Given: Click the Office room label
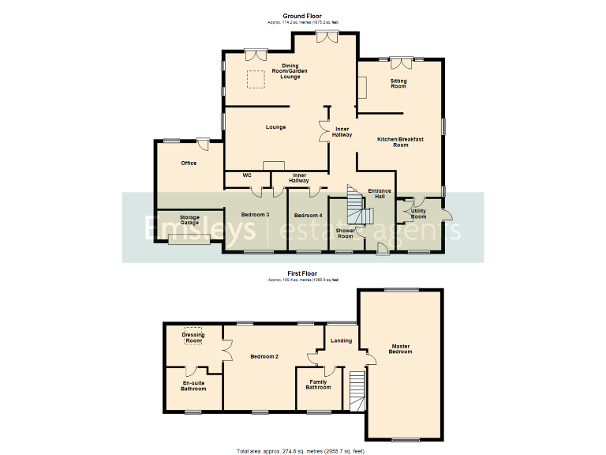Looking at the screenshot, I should click(x=189, y=164).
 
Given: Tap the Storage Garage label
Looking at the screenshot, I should click(x=189, y=220).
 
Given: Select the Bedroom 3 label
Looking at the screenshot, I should click(x=256, y=215).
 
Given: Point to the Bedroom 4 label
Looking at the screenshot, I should click(x=308, y=215).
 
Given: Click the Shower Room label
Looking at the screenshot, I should click(x=346, y=233).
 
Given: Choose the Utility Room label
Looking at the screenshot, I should click(x=419, y=213).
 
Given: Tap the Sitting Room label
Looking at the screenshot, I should click(x=398, y=83).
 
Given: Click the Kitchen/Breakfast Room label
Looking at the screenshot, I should click(x=401, y=142).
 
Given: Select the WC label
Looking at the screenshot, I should click(x=247, y=175).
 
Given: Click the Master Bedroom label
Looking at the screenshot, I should click(x=401, y=348).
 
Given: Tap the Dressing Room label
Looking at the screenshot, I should click(x=193, y=338).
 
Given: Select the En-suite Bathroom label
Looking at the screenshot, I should click(x=193, y=385).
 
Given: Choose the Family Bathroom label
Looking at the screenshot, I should click(x=319, y=385).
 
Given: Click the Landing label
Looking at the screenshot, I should click(x=341, y=340).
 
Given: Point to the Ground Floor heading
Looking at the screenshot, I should click(x=303, y=16).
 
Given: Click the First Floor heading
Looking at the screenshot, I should click(x=303, y=273).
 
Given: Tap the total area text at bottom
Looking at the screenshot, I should click(x=303, y=450).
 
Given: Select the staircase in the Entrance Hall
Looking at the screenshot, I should click(x=357, y=205).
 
